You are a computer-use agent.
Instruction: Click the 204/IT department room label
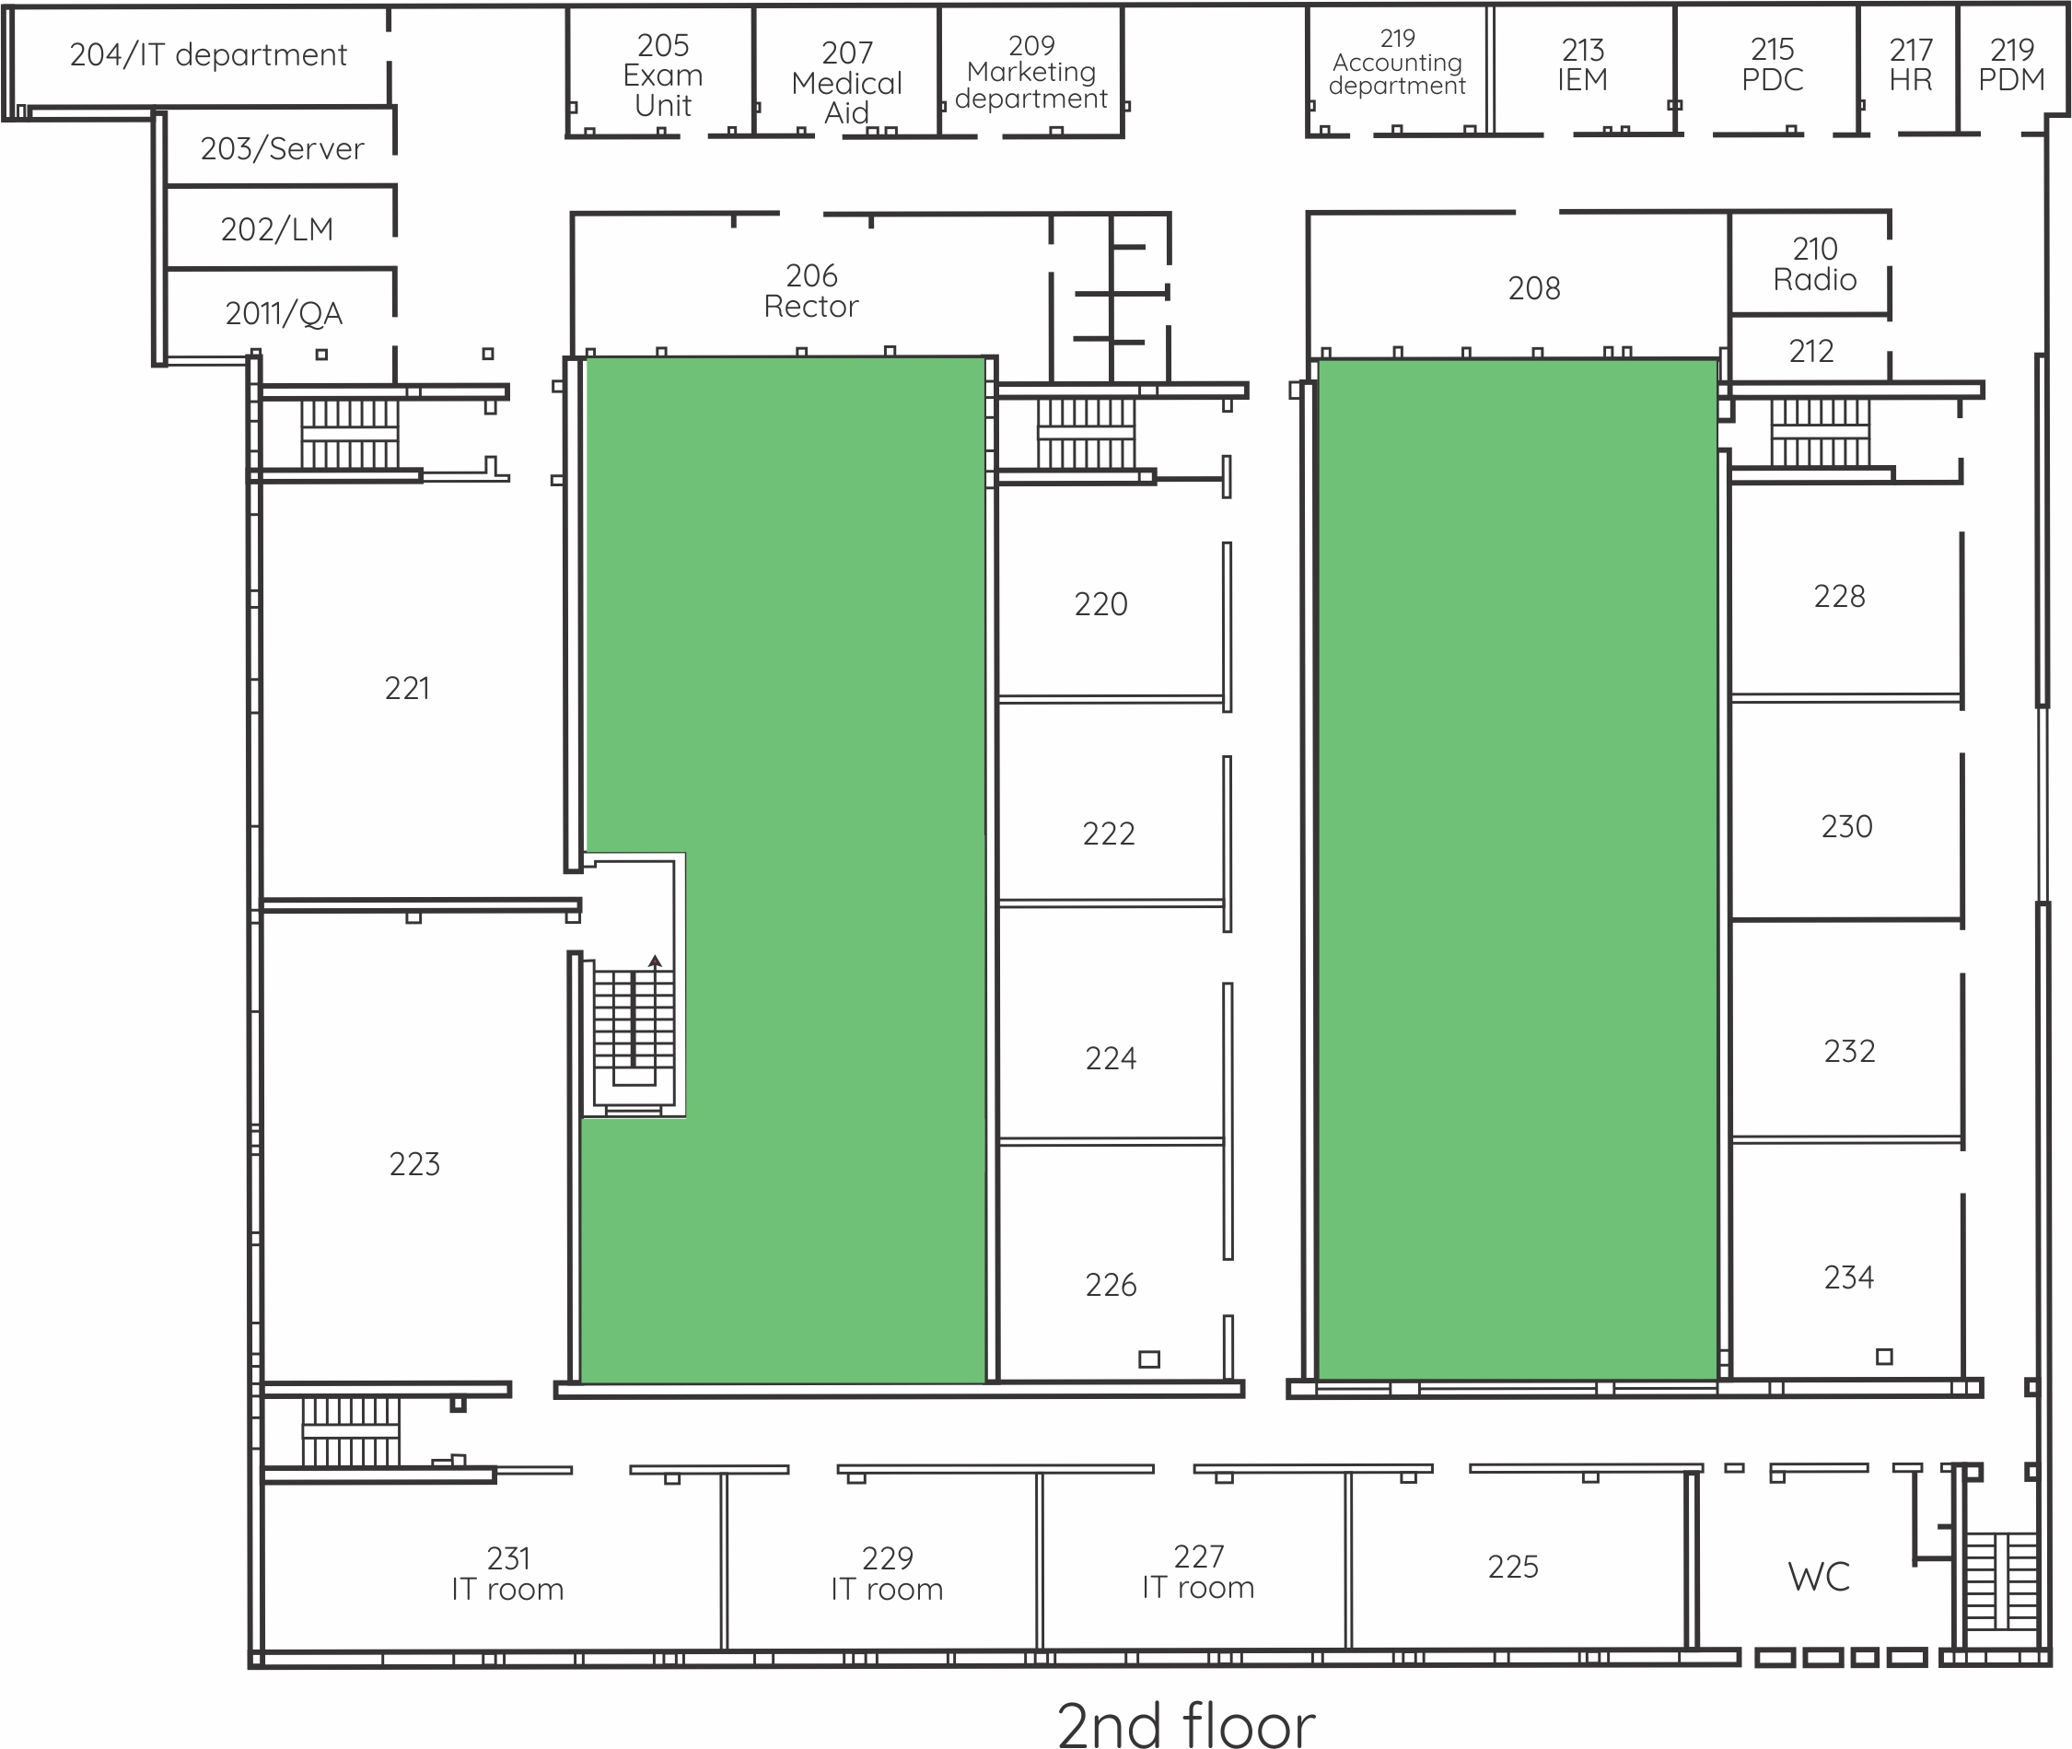(208, 54)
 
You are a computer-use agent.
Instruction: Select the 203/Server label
(283, 148)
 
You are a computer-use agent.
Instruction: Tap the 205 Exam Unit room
(663, 76)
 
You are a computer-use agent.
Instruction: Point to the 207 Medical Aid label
(846, 82)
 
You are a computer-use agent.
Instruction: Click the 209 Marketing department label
(1031, 73)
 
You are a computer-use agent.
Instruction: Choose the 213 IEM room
(1582, 64)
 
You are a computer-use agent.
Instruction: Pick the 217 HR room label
(1911, 64)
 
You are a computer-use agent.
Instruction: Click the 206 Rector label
(811, 290)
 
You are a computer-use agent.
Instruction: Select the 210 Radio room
(1814, 263)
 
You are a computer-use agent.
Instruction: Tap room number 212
(1810, 351)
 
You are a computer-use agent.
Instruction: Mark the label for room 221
(406, 688)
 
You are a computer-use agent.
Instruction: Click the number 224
(1111, 1059)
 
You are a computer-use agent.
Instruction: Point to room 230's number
(1846, 827)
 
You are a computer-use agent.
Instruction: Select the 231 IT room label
(507, 1573)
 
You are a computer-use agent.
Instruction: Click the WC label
(1818, 1577)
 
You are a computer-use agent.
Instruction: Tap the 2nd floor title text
(1186, 1723)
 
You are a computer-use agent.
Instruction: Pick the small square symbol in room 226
(1149, 1359)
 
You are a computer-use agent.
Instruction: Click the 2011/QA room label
(284, 313)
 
